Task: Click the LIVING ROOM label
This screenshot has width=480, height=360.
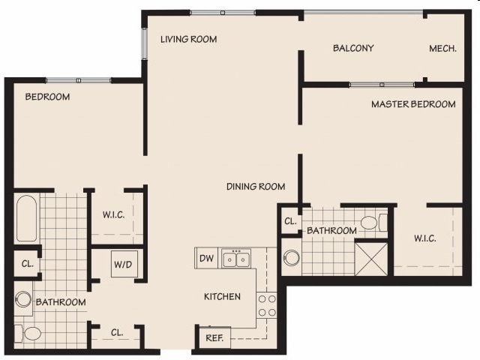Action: click(x=188, y=39)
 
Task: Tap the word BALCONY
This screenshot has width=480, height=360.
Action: click(x=352, y=49)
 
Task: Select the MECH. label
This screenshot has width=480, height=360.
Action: click(x=442, y=49)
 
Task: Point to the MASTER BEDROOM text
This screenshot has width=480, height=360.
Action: click(x=413, y=104)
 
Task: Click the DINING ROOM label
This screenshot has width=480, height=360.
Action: click(x=256, y=187)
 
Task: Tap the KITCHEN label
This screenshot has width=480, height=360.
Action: click(x=222, y=297)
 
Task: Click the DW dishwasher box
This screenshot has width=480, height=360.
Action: click(x=206, y=259)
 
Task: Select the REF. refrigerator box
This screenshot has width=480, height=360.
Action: click(x=213, y=338)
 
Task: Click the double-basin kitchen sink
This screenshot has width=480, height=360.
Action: click(x=237, y=259)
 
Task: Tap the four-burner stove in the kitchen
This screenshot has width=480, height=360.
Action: click(x=267, y=304)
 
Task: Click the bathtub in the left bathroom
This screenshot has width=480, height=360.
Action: click(x=25, y=218)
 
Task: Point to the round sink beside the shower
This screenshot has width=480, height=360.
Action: click(x=291, y=259)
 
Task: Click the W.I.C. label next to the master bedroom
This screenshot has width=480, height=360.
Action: click(x=425, y=239)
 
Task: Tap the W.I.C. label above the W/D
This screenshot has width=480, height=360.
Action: click(x=113, y=215)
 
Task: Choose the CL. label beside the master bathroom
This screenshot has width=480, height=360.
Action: click(x=289, y=222)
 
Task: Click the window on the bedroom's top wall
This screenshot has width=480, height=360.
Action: click(x=78, y=80)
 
